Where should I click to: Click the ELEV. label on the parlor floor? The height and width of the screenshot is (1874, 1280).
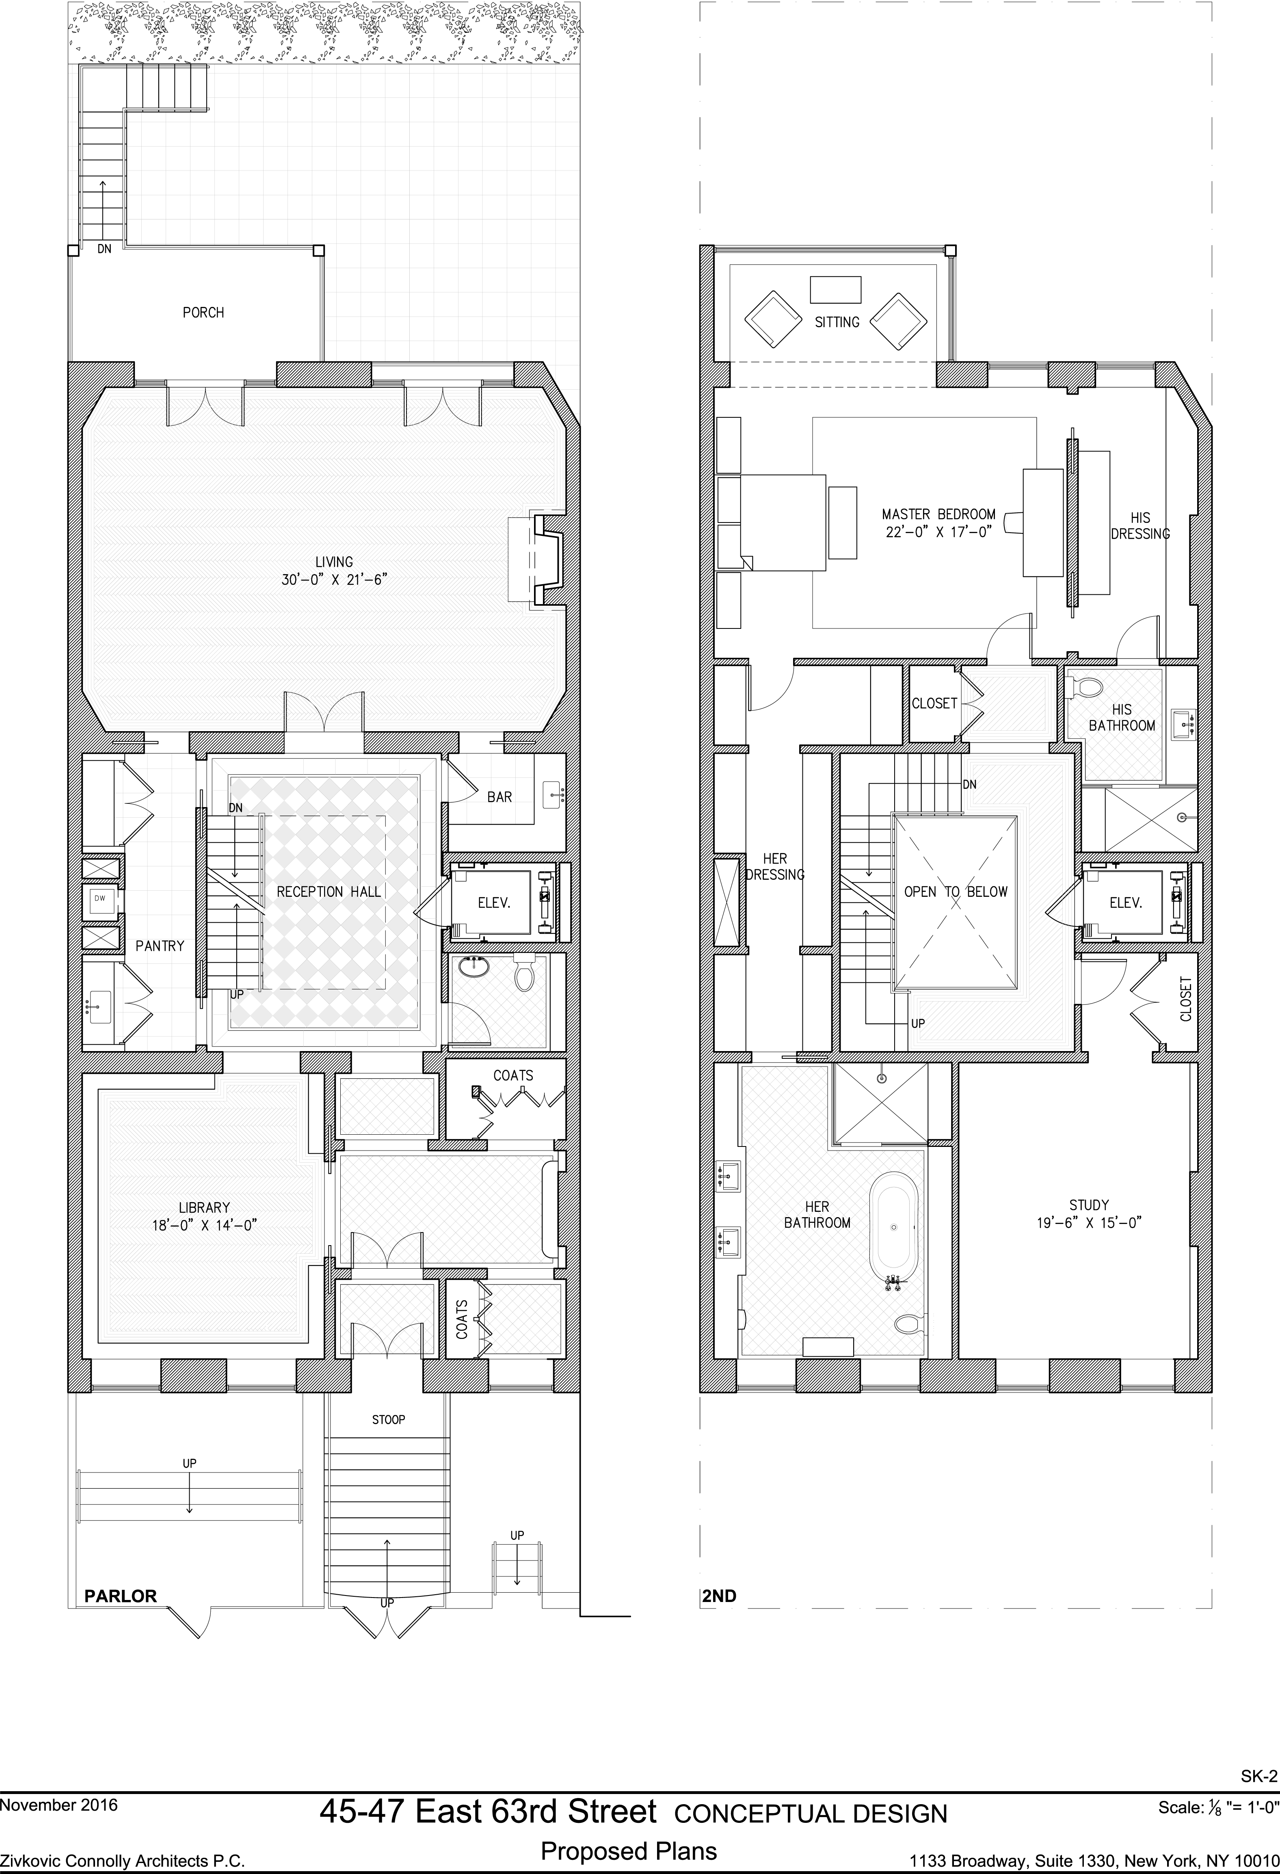point(495,903)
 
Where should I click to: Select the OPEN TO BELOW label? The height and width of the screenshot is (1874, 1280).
point(956,892)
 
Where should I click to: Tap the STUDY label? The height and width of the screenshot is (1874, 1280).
point(1089,1205)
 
